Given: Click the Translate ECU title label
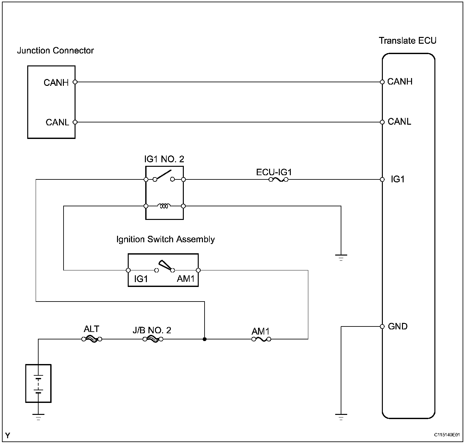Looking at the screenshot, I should (x=407, y=41).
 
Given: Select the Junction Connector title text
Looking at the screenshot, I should (x=55, y=51).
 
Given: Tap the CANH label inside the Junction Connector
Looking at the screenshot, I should (x=56, y=83).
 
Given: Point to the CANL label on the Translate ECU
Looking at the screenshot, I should (x=399, y=122).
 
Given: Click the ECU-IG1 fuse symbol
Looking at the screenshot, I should (x=278, y=179).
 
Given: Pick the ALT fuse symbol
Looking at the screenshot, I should (x=92, y=339).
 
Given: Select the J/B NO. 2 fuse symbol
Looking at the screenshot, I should (x=153, y=339).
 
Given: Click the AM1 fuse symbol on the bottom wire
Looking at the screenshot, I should (x=261, y=339).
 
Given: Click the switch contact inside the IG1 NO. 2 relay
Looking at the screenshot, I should (x=164, y=177).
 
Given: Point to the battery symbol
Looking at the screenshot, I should (x=39, y=383).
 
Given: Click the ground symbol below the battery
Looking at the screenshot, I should (x=39, y=416).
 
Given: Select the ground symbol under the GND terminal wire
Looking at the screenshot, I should (x=341, y=416).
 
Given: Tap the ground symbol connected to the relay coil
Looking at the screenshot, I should (x=341, y=257).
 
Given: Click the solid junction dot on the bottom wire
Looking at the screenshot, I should (x=205, y=339).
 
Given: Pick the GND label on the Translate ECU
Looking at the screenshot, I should (x=397, y=326).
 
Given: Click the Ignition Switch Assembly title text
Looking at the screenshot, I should (x=165, y=240).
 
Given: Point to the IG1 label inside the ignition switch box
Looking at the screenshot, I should (x=141, y=279).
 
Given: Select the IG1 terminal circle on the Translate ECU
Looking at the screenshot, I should (x=382, y=179).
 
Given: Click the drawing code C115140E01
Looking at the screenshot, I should (x=447, y=435).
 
